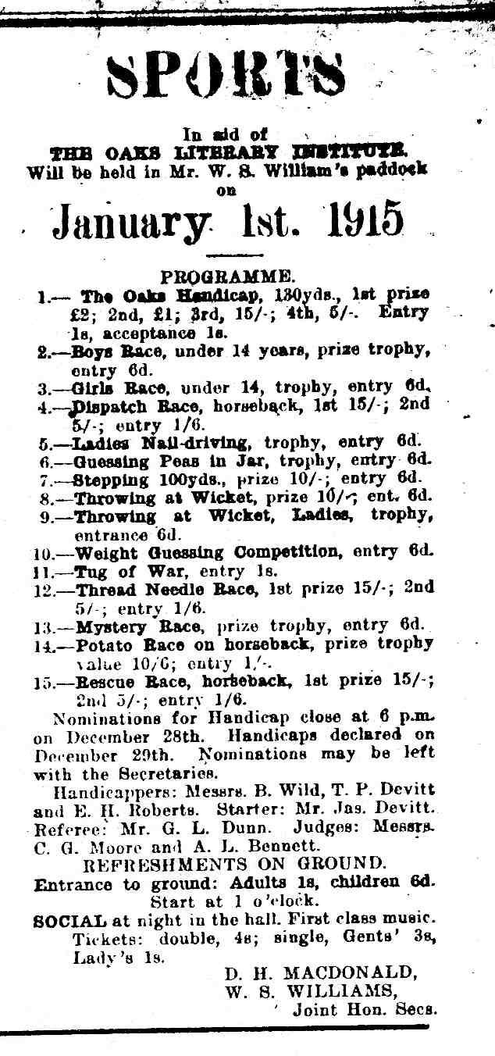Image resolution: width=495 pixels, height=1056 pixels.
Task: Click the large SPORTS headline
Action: (x=226, y=77)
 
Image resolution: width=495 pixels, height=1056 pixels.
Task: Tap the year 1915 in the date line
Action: (x=365, y=220)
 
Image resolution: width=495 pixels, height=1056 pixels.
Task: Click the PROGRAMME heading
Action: (x=227, y=276)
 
